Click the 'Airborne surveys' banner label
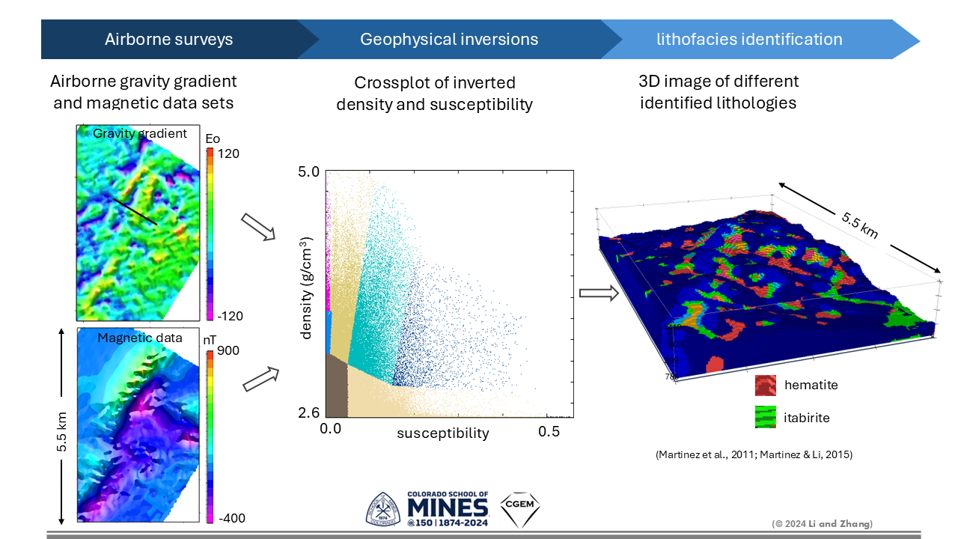pyautogui.click(x=168, y=40)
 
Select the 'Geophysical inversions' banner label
pyautogui.click(x=449, y=40)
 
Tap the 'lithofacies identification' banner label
pyautogui.click(x=749, y=40)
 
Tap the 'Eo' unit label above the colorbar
pyautogui.click(x=213, y=138)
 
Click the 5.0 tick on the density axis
pyautogui.click(x=308, y=172)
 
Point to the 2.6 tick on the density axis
pyautogui.click(x=308, y=412)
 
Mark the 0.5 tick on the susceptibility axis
pyautogui.click(x=549, y=432)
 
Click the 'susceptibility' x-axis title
pyautogui.click(x=443, y=433)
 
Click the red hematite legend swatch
pyautogui.click(x=766, y=386)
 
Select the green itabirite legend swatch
pyautogui.click(x=766, y=417)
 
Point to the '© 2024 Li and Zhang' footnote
pyautogui.click(x=823, y=523)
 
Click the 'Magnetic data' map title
pyautogui.click(x=140, y=338)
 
